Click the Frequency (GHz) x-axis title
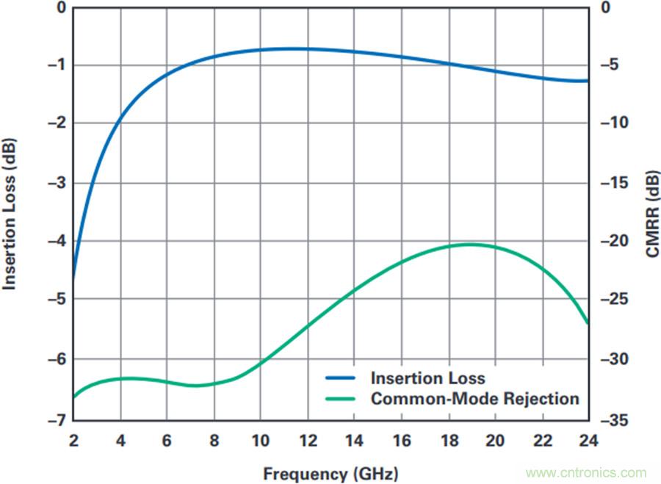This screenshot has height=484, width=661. [x=330, y=473]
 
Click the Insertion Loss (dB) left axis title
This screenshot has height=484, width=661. [x=10, y=213]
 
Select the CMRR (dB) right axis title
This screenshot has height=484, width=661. [x=652, y=213]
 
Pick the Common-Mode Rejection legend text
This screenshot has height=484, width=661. [x=475, y=399]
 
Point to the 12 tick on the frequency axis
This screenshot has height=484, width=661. [x=307, y=441]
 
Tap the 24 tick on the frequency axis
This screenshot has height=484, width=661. [x=588, y=441]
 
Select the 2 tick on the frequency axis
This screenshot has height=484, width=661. [x=74, y=441]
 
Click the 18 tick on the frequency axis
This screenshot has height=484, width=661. [x=448, y=441]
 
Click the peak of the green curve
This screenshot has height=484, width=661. [x=470, y=244]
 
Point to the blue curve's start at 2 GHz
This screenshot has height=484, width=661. [x=74, y=279]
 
